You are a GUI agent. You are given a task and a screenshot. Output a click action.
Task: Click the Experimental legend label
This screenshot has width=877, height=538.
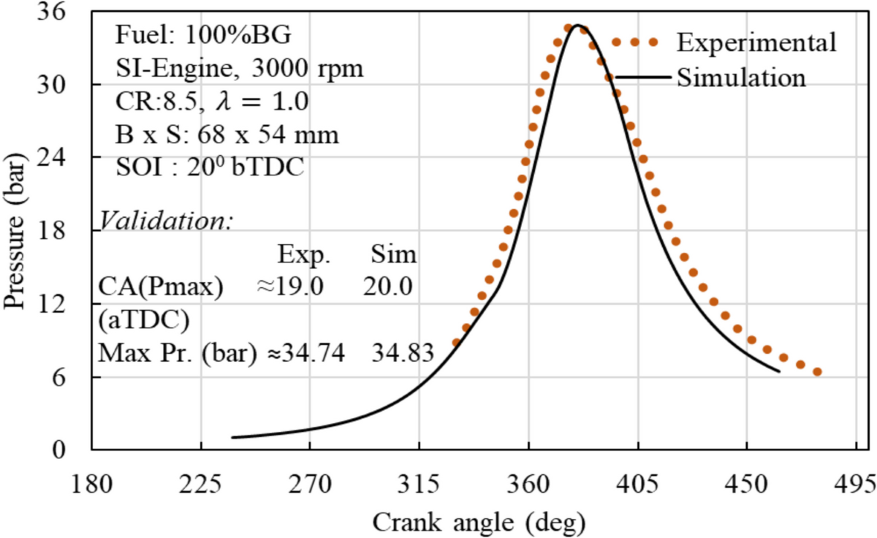[x=756, y=42]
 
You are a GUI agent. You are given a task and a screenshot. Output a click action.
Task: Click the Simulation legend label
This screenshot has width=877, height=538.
[x=741, y=77]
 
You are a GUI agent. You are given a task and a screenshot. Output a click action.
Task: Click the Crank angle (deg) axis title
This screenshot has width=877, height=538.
[x=479, y=521]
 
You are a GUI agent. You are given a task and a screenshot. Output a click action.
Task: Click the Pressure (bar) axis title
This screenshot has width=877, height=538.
[x=16, y=230]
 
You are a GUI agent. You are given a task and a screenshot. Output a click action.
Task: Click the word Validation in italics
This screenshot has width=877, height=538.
[x=166, y=220]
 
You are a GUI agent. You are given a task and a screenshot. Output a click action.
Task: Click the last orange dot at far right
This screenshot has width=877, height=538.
[x=817, y=372]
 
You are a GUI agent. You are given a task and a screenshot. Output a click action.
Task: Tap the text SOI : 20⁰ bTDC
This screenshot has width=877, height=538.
[x=210, y=167]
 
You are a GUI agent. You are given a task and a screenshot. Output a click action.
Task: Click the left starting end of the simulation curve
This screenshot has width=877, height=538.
[x=232, y=437]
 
